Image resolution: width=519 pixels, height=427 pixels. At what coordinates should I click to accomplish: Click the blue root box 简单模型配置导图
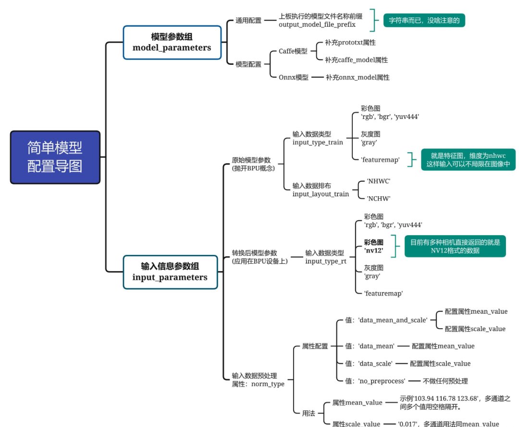point(55,157)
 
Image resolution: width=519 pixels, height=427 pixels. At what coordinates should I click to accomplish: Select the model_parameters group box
point(172,42)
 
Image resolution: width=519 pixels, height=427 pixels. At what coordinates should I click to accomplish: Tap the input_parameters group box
point(170,272)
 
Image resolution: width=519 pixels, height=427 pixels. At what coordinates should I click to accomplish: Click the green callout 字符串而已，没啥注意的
point(423,20)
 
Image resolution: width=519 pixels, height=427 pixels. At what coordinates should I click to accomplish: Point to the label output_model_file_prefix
point(317,24)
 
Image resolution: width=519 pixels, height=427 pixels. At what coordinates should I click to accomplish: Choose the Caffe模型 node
point(293,51)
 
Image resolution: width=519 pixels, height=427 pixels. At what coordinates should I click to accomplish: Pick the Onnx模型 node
point(293,77)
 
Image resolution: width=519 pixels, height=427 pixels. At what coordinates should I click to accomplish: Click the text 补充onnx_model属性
point(358,77)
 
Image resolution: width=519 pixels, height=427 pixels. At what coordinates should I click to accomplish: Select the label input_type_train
point(318,142)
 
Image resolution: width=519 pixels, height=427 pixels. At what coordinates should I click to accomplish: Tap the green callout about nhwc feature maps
point(468,159)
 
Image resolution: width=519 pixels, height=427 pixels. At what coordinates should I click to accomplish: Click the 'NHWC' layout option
point(379,181)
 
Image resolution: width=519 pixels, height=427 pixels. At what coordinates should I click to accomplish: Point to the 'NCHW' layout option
point(379,198)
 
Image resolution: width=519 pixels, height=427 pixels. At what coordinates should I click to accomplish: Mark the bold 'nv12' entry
point(373,250)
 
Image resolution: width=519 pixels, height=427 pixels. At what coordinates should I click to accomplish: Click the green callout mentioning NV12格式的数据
point(455,246)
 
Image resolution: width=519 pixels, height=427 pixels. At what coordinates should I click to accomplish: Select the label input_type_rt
point(326,261)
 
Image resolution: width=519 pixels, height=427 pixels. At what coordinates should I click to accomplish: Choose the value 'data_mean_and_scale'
point(393,320)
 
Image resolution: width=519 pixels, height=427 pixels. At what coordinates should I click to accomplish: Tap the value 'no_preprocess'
point(382,381)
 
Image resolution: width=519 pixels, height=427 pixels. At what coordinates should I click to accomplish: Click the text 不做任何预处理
point(445,381)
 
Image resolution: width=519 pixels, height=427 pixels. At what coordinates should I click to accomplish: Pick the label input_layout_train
point(321,194)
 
